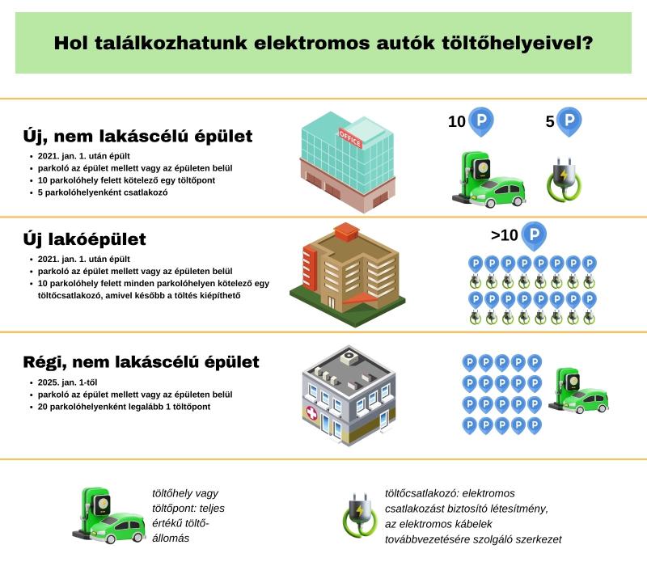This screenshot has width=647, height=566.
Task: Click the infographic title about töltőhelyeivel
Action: [323, 43]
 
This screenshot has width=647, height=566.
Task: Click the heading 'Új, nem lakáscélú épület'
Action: [138, 135]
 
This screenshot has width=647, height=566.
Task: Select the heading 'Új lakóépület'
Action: [86, 239]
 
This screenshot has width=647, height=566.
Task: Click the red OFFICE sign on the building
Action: [350, 138]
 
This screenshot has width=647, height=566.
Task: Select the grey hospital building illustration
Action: [348, 396]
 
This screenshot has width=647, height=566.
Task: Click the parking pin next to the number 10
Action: [481, 121]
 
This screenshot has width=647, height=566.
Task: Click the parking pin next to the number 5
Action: [569, 121]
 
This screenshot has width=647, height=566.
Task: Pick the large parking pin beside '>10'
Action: [533, 235]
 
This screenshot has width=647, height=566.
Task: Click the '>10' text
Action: [504, 236]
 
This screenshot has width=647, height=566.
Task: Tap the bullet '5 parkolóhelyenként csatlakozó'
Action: [102, 193]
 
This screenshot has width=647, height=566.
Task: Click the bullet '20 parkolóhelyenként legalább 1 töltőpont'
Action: [124, 407]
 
